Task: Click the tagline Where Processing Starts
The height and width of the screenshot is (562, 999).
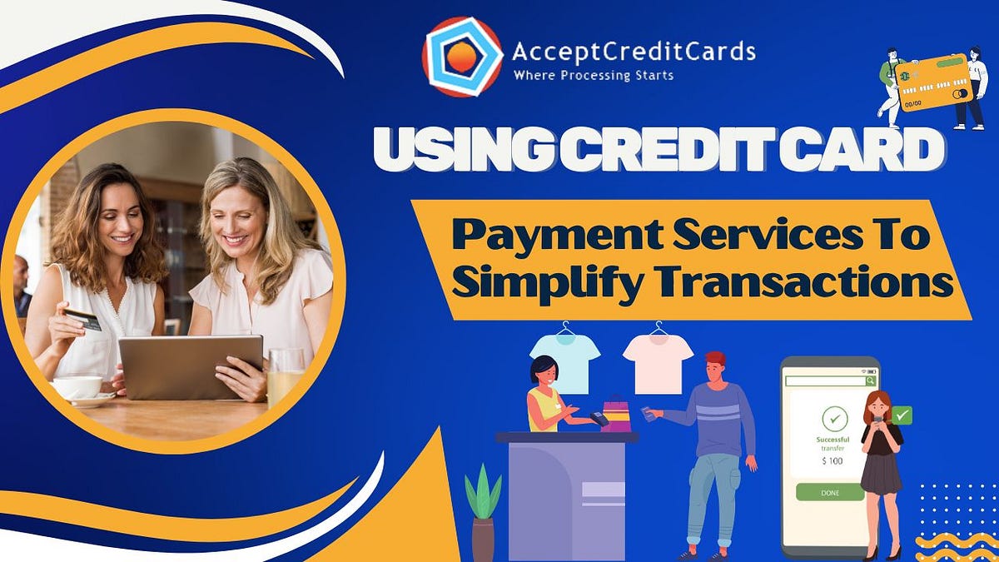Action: tap(594, 76)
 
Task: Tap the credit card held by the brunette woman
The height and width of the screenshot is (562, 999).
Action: tap(82, 319)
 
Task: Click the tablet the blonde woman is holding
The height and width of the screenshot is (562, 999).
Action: tap(191, 366)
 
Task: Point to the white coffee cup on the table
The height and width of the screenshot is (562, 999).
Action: tap(77, 387)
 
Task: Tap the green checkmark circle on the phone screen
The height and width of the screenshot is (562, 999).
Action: tap(834, 418)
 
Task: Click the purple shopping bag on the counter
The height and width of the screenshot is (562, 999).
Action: tap(617, 414)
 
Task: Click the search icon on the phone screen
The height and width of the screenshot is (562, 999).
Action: tap(870, 380)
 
